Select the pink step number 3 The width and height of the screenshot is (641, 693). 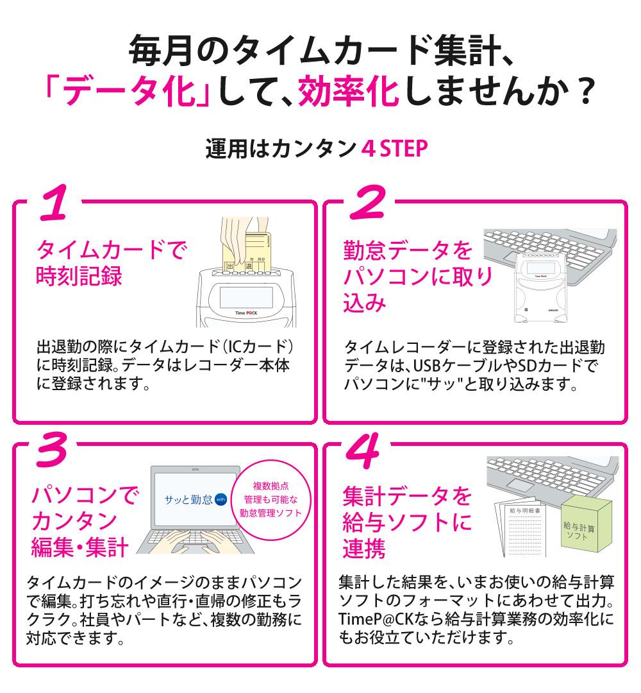(52, 449)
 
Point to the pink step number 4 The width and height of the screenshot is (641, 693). (363, 451)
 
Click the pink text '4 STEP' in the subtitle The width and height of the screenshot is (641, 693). (395, 148)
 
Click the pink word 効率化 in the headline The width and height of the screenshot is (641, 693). (349, 92)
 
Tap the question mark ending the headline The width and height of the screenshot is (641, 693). (585, 92)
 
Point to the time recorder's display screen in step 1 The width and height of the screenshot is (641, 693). (246, 297)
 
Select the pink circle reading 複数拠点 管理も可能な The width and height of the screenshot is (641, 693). (271, 500)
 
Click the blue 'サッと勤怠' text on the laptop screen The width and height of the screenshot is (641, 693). (188, 500)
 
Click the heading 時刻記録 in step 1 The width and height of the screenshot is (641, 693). (79, 276)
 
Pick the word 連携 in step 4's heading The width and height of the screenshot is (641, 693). (363, 549)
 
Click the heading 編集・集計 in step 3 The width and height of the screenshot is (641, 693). (80, 547)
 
